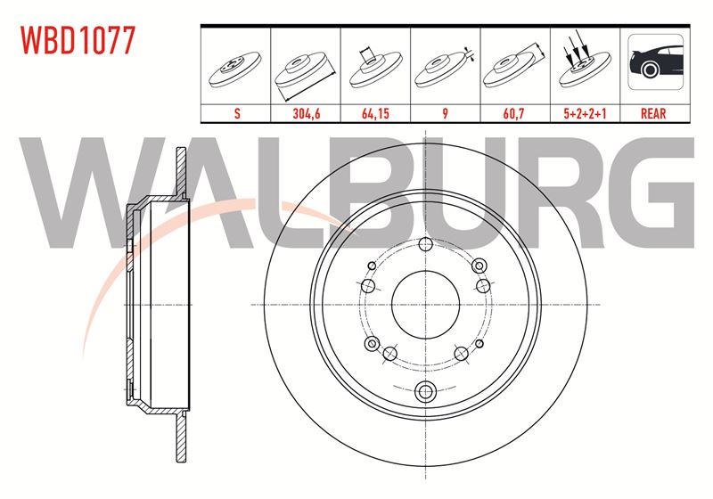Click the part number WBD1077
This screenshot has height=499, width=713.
coord(78,40)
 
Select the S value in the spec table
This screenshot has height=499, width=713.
coord(237,113)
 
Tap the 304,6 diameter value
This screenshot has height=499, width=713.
coord(306,113)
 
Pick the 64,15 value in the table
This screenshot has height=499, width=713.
coord(375,113)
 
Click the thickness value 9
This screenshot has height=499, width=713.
coord(445,113)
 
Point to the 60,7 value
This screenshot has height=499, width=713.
coord(515,113)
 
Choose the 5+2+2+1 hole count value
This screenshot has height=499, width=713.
coord(585,113)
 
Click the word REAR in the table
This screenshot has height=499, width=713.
coord(653,113)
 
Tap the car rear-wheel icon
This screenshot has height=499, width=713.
coord(656,61)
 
